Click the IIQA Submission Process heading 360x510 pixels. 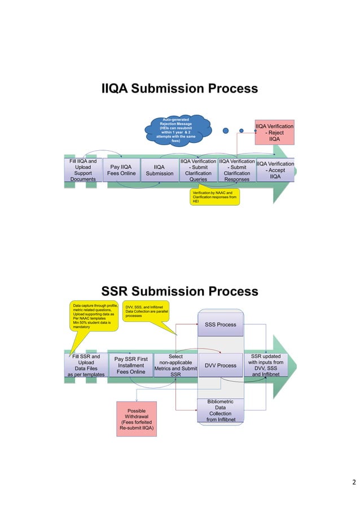point(179,89)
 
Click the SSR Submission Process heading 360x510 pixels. point(179,291)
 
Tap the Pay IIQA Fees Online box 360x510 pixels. point(121,170)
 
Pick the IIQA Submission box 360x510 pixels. point(160,170)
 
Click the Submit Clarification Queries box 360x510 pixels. point(198,170)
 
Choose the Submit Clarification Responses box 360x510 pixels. point(236,170)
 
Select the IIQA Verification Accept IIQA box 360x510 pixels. point(275,170)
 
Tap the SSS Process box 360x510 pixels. point(220,325)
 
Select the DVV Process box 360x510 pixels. point(220,365)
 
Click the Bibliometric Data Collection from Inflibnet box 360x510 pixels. point(220,411)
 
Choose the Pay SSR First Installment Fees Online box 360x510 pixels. point(130,365)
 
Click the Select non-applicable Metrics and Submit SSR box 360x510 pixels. point(175,365)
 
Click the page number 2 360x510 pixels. point(353,482)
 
